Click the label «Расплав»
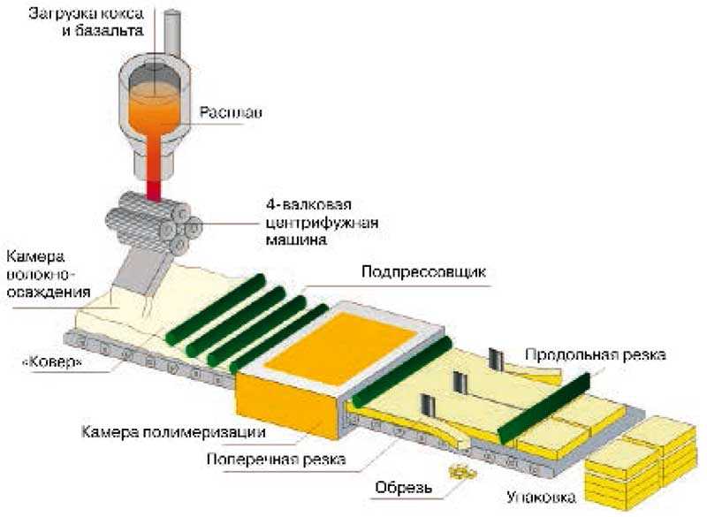point(232,113)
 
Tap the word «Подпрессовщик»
point(423,272)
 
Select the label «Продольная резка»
point(594,354)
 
